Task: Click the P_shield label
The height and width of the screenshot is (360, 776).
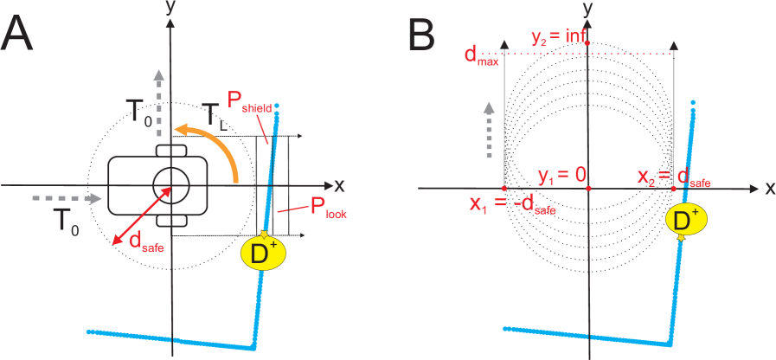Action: pos(248,102)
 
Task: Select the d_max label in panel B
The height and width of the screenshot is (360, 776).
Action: pos(481,57)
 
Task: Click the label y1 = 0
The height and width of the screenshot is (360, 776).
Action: pos(561,176)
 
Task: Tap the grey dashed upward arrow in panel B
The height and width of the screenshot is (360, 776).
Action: pos(489,130)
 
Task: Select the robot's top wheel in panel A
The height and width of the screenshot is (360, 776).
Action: pos(171,151)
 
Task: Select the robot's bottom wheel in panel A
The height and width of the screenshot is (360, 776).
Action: pos(171,220)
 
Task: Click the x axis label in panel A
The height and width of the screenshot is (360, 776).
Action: pos(339,185)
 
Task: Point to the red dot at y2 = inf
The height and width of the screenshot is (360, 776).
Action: pos(587,43)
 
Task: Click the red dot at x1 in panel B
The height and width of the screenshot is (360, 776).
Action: pos(504,188)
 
